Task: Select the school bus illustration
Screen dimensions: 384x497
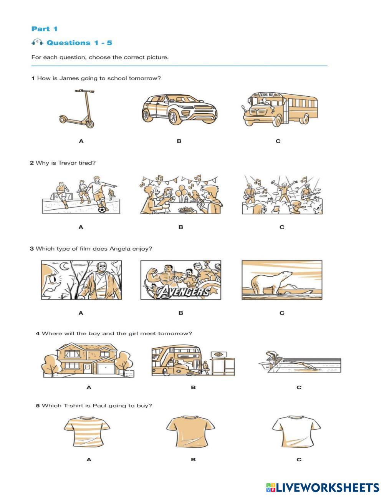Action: coord(280,109)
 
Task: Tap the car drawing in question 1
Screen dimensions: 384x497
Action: coord(179,109)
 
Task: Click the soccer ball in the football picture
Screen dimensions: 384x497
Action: coord(102,209)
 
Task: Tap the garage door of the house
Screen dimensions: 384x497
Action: coord(106,369)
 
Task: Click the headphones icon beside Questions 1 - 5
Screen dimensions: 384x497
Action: coord(37,42)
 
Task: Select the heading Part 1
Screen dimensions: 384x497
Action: coord(44,29)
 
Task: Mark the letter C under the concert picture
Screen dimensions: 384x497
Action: coord(282,227)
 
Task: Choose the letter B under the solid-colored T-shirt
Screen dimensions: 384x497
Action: coord(193,459)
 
